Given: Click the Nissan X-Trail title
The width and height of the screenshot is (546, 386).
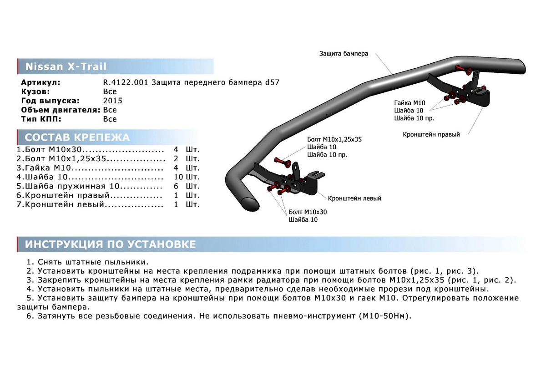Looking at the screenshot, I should point(66,66).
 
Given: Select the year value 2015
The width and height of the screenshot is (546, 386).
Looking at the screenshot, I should point(112,101).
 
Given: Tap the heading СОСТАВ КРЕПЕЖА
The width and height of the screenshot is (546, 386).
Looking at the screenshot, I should point(77,137).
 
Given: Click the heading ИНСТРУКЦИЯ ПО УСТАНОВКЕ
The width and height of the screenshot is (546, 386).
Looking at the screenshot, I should point(110,244).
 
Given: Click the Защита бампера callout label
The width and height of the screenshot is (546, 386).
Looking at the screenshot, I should point(343,53).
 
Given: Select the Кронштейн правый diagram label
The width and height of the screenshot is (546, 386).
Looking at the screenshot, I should point(431,135).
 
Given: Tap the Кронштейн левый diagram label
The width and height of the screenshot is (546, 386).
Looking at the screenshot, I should point(354,198).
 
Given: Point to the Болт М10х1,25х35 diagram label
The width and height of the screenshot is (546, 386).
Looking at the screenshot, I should point(334,139).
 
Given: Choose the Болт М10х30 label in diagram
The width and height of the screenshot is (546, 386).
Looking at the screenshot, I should point(308,212).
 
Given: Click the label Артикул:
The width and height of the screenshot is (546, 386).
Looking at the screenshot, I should point(40,83).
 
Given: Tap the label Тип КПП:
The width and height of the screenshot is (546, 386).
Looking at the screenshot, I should point(40,119).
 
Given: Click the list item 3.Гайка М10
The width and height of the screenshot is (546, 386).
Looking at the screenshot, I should point(45,168).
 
